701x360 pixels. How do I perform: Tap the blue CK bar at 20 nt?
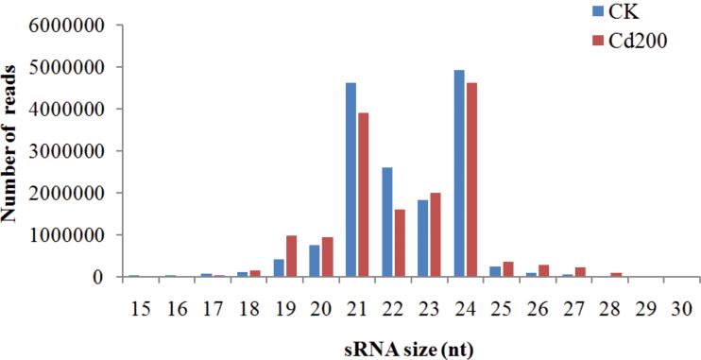point(316,261)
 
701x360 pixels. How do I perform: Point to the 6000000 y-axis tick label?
point(71,25)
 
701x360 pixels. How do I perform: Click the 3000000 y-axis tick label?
point(71,151)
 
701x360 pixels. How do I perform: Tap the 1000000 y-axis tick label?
point(71,235)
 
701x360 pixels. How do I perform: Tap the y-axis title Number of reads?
point(12,151)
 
